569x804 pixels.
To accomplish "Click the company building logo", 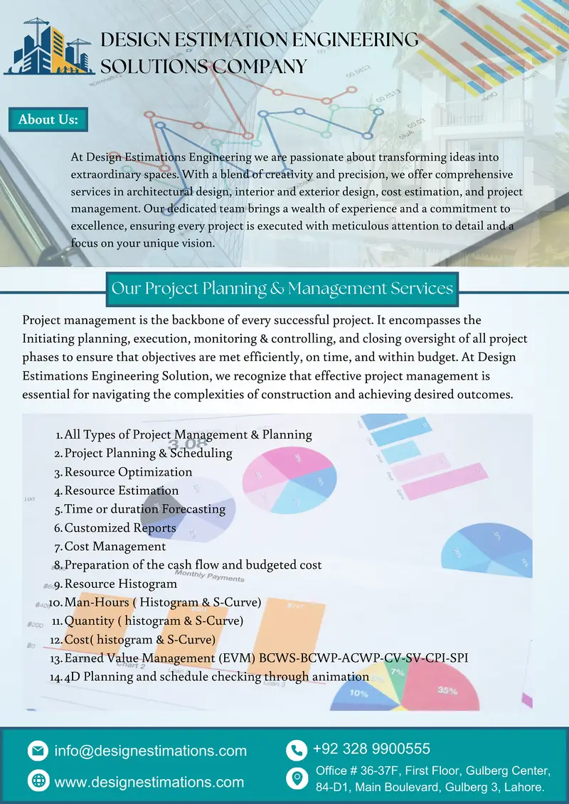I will coord(49,46).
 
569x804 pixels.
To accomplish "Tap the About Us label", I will coord(48,119).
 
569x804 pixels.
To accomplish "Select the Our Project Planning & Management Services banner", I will coord(282,288).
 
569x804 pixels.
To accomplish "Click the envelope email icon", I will coord(37,750).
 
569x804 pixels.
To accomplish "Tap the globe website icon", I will coord(37,781).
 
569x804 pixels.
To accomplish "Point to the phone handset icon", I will coord(295,750).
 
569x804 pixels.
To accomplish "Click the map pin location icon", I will coord(295,778).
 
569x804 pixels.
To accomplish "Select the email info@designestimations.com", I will coord(150,751).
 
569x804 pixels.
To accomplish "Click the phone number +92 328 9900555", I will coord(371,749).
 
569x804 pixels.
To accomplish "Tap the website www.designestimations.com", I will coord(149,782).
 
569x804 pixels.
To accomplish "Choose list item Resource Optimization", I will coord(128,472).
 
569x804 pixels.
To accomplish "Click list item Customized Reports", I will coord(119,527).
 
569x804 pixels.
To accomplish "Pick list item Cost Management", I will coord(115,546).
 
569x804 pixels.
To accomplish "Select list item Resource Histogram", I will coord(120,584).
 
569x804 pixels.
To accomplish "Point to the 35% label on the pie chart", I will coord(447,690).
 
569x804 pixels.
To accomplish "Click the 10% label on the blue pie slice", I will coord(358,693).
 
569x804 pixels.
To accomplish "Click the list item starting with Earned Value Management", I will coord(265,658).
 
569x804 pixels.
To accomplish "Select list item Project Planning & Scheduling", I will coord(148,453).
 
